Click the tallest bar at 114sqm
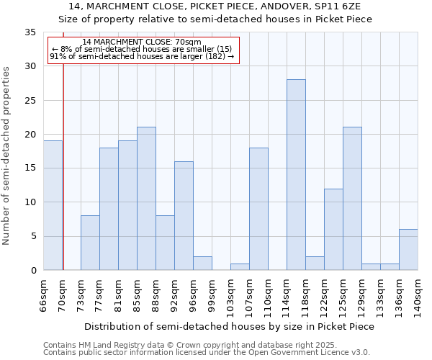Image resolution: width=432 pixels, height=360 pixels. [x=296, y=175]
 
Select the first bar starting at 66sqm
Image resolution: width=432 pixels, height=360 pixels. [x=53, y=205]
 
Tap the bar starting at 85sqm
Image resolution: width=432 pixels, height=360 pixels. [x=146, y=199]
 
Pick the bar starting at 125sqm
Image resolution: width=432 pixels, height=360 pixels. [x=352, y=199]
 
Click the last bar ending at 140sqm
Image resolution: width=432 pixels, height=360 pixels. [x=408, y=250]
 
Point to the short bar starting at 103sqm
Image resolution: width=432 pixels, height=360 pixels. [x=240, y=266]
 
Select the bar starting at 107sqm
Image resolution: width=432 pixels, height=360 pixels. [x=258, y=209]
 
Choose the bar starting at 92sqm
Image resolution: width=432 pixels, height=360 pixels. [x=184, y=216]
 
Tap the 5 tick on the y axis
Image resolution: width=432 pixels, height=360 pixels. [x=33, y=236]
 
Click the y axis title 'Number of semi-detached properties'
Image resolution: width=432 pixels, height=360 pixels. [x=6, y=156]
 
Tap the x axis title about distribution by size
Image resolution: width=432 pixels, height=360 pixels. [x=233, y=326]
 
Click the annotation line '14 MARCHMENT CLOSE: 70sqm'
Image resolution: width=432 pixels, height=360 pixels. [x=142, y=42]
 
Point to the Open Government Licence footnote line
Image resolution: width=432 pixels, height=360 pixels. [x=207, y=353]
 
